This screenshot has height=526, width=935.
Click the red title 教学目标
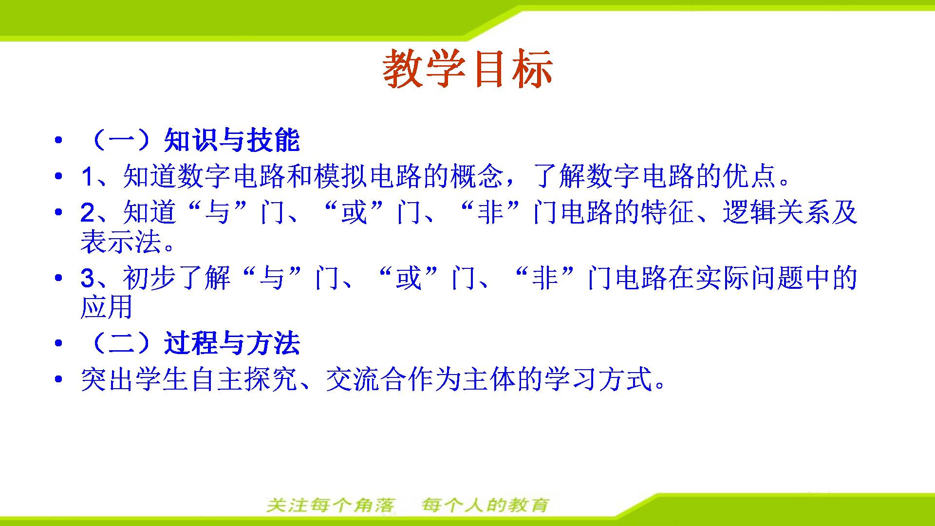(468, 69)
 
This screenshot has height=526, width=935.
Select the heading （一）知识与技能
(190, 140)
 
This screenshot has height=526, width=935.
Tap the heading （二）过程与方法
(190, 343)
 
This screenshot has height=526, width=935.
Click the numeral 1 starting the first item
(87, 176)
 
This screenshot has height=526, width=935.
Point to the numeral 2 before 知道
(88, 213)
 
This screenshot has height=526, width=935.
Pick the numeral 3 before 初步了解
(88, 278)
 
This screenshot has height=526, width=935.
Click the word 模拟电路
(369, 176)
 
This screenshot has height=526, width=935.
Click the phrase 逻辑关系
(776, 212)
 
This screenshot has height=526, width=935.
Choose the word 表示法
(121, 242)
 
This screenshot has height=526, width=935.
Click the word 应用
(107, 307)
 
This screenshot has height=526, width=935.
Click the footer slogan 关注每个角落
(331, 505)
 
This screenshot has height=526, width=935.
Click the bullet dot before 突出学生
(59, 379)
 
